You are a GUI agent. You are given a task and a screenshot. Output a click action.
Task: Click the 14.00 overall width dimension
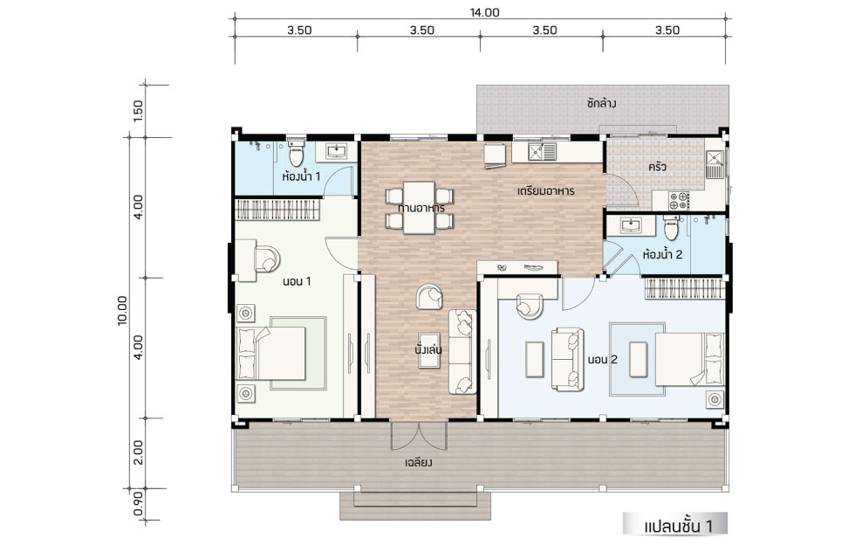pos(484,12)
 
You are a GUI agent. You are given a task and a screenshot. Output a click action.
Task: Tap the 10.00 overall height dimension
pos(122,311)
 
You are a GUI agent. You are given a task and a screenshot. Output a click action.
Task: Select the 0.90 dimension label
pos(138,503)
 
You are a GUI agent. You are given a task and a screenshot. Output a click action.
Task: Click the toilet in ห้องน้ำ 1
pos(296,154)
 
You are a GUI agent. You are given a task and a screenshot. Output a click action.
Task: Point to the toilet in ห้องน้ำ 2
pos(670,228)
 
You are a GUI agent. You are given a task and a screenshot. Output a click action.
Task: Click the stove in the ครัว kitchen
pos(679,200)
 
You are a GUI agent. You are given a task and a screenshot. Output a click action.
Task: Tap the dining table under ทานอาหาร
pos(419,208)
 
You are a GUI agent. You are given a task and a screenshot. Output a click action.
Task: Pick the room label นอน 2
pos(603,360)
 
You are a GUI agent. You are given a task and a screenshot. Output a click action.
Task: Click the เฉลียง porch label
pos(419,463)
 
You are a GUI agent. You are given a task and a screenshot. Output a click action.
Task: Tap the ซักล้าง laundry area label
pos(602,103)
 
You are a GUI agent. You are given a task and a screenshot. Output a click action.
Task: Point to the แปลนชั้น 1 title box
pos(675,524)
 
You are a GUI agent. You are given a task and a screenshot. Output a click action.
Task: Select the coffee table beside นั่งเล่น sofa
pos(429,350)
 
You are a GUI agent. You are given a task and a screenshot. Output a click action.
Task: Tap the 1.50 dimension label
pos(138,111)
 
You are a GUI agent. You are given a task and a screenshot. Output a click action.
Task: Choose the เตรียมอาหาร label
pos(546,191)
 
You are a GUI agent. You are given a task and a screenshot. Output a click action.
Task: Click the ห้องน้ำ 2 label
pos(662,254)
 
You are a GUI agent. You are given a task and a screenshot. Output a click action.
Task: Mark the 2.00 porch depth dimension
pos(138,452)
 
